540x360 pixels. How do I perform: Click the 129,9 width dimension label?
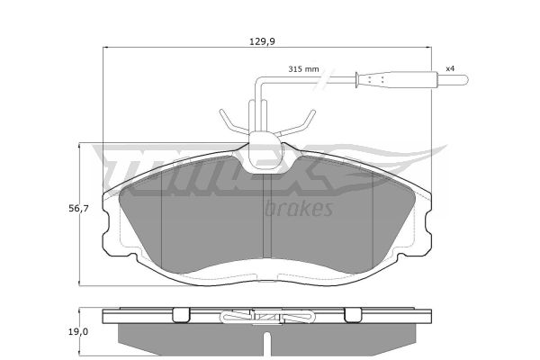pos(263,41)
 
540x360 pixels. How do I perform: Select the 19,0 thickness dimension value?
pos(78,332)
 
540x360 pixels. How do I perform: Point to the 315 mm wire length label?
pos(303,69)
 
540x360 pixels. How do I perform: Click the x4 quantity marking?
pos(450,68)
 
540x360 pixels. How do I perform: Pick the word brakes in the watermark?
pos(299,208)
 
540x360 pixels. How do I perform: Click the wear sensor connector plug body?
pos(396,80)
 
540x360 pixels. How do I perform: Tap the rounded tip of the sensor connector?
pos(463,80)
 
